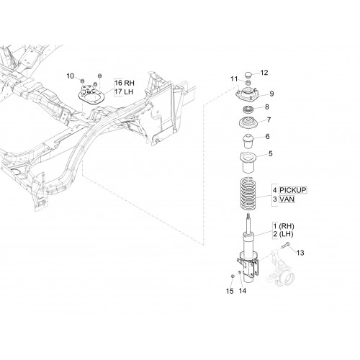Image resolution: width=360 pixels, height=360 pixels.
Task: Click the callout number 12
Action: tap(264, 73)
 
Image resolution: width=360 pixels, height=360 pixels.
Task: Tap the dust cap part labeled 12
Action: tap(248, 74)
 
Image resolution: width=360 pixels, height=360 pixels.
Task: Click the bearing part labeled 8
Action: tap(248, 109)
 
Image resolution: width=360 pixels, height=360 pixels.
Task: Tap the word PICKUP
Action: tap(293, 190)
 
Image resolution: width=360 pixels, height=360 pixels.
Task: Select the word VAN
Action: tap(287, 199)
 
